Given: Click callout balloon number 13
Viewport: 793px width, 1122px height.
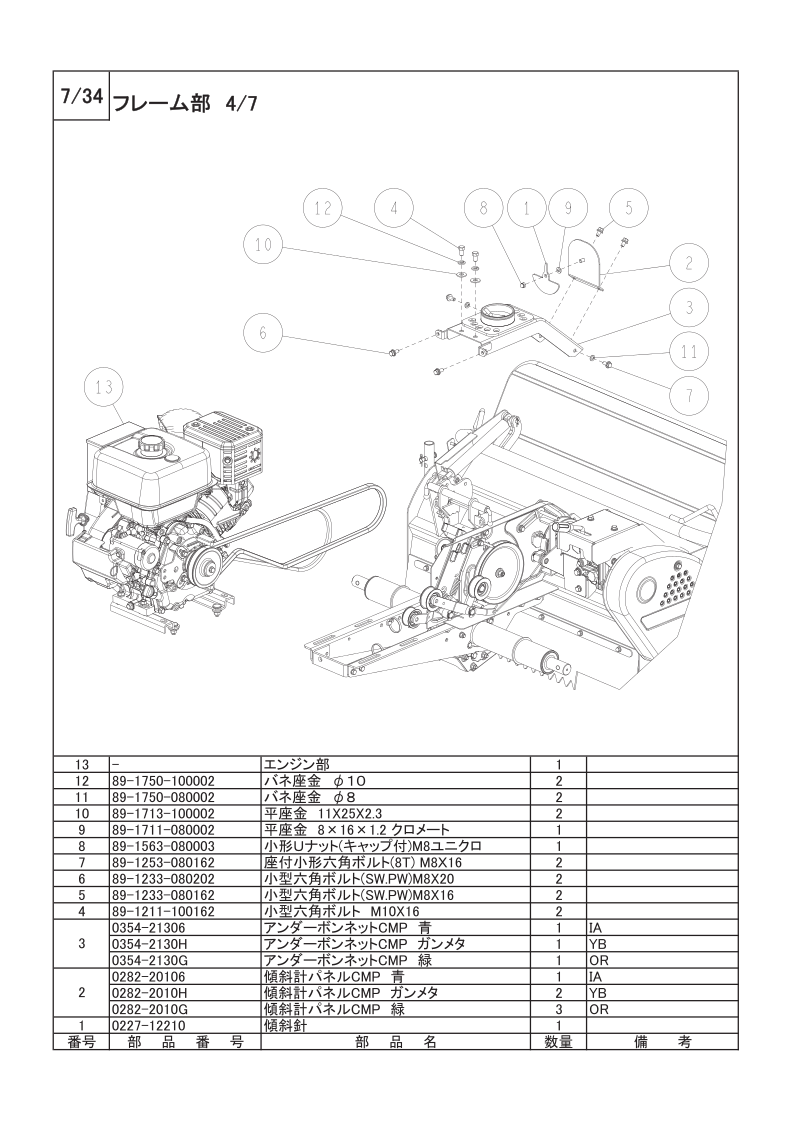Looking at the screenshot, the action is [104, 387].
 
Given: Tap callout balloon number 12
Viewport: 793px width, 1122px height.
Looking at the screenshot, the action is [323, 208].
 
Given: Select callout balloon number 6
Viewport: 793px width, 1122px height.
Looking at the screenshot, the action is [263, 333].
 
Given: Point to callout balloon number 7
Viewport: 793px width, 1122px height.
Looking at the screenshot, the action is [689, 395].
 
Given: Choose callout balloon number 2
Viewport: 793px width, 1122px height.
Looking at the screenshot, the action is [689, 263].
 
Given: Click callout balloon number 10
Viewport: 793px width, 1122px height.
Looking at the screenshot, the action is [263, 245].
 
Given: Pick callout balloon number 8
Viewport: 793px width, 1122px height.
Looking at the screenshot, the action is [483, 208].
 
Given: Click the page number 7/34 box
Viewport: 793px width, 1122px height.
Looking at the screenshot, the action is [82, 97].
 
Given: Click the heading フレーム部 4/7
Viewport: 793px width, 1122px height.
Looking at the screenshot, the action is [186, 104].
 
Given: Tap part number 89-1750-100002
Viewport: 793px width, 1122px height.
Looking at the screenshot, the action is [163, 781].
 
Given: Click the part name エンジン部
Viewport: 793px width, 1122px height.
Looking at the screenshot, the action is [296, 764].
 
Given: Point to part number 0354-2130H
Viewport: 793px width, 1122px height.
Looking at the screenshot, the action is [149, 944].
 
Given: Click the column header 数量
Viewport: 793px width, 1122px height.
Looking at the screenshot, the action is [558, 1042].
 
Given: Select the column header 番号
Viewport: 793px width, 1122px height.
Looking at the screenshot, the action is [82, 1042].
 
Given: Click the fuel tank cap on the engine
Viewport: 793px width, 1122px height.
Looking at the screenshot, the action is [151, 444].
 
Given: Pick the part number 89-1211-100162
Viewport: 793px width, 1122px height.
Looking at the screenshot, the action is [163, 912].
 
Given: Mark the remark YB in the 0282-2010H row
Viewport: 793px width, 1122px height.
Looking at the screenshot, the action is [598, 993].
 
